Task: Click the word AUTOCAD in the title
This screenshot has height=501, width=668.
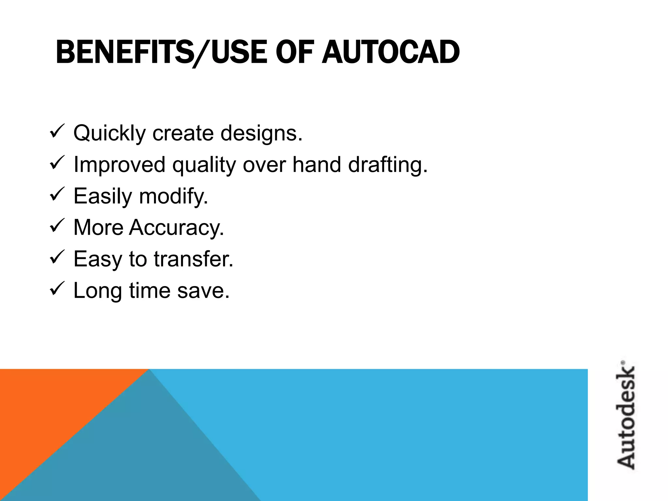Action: [390, 52]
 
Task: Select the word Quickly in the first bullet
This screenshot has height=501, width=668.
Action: [109, 133]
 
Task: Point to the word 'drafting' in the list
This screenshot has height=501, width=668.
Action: [387, 165]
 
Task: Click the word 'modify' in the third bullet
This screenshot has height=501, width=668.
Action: [173, 196]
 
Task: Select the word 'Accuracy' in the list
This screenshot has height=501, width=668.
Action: [176, 227]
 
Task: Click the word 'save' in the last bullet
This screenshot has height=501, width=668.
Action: [203, 290]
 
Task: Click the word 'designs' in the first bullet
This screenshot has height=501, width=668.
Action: [261, 133]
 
